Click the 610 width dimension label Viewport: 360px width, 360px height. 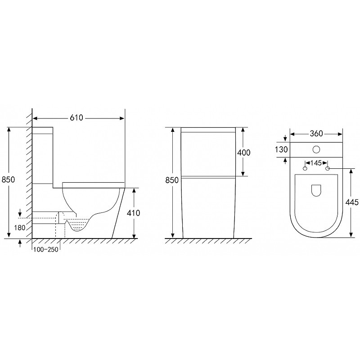pos(76,118)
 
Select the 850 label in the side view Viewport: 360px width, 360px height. pos(8,179)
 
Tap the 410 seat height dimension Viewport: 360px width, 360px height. pos(133,213)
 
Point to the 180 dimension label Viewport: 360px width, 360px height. pos(20,228)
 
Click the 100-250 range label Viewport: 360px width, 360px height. pos(46,249)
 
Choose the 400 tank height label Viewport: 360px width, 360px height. pos(243,153)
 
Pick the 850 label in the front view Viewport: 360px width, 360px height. pos(172,180)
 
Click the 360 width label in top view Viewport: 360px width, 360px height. pos(316,133)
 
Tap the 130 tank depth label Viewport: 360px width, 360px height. pos(281,149)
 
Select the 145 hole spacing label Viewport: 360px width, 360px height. pos(316,163)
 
